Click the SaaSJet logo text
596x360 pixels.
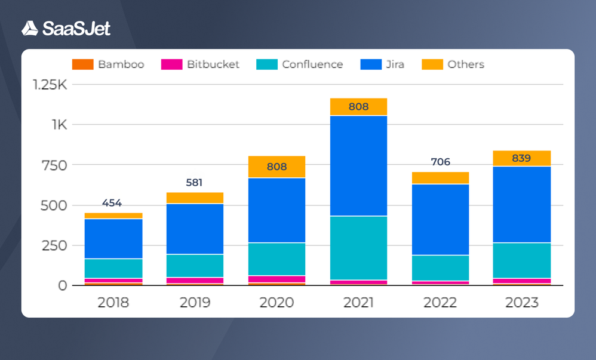(x=76, y=28)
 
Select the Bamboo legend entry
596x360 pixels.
(x=108, y=64)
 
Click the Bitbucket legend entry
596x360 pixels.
(x=200, y=64)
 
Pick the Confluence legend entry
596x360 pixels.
(x=300, y=64)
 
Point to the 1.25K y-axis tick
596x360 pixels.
(x=50, y=85)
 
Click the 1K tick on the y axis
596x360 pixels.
(x=59, y=125)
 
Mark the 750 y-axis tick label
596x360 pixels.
(x=55, y=165)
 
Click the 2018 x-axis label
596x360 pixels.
(x=113, y=303)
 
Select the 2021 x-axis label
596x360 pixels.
(x=358, y=303)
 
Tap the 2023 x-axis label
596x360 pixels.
(x=521, y=303)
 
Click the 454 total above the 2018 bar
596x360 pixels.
(x=112, y=203)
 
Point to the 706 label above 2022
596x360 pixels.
(x=440, y=162)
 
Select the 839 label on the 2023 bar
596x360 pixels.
(x=521, y=159)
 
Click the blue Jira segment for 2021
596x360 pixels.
(x=358, y=165)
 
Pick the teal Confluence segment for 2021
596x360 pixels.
(x=358, y=248)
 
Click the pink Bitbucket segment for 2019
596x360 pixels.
(x=195, y=280)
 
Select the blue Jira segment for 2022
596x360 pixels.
(x=440, y=219)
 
